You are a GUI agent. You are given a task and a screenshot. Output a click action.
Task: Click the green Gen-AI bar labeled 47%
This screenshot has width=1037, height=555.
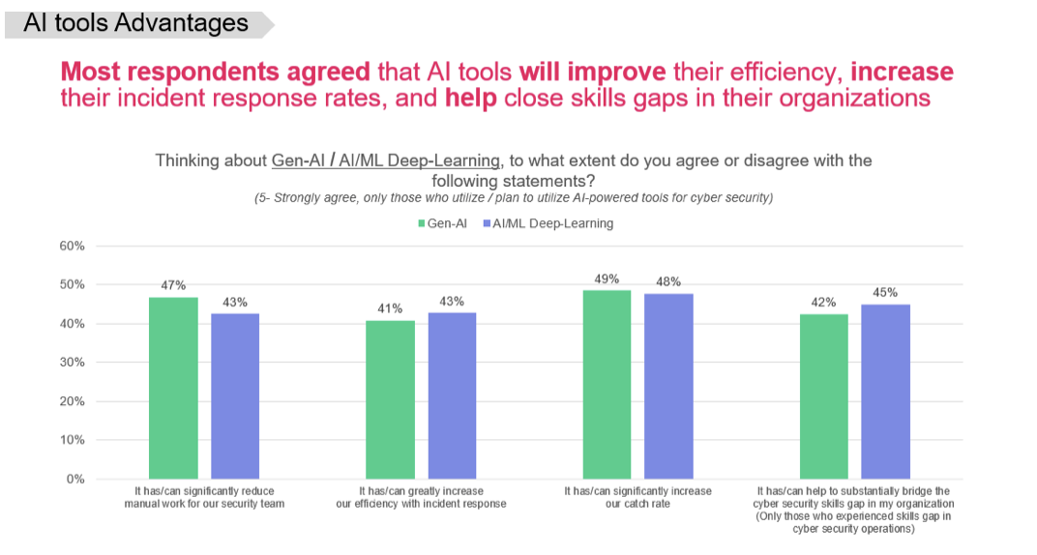coord(173,387)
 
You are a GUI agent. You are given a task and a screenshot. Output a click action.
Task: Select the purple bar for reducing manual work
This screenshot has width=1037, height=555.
coord(235,395)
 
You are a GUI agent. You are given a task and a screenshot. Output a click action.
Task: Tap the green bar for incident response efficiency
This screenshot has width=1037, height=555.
coord(390,398)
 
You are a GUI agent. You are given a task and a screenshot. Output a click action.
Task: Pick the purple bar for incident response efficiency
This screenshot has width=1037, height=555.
coord(452,395)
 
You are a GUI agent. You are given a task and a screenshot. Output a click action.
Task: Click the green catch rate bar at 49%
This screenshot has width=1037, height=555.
coord(607,384)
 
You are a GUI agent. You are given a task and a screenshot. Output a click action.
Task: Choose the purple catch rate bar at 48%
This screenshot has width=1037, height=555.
coord(668,386)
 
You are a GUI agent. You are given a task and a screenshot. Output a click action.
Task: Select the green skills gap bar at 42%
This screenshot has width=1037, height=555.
coord(823,395)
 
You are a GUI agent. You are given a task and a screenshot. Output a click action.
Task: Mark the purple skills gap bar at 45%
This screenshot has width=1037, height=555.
coord(885,391)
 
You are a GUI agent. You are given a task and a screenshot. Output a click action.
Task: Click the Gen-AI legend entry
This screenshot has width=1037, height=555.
coord(444,223)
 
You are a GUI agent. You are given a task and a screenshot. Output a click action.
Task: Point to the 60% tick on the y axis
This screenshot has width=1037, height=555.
coord(73,246)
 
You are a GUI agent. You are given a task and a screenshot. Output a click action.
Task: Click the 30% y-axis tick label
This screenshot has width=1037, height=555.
coord(73,363)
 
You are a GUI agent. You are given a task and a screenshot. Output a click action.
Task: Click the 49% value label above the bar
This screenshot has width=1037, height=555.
coord(607,278)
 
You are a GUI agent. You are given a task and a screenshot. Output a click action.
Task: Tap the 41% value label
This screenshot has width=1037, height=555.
coord(390,309)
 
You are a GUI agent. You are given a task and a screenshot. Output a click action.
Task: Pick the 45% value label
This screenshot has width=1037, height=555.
coord(885,292)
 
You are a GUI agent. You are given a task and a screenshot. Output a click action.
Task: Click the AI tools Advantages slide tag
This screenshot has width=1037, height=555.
coord(135,23)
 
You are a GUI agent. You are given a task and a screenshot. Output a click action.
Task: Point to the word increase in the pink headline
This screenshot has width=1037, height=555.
coord(902,72)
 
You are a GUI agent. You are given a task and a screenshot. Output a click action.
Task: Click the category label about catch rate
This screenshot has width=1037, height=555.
coord(637,497)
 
